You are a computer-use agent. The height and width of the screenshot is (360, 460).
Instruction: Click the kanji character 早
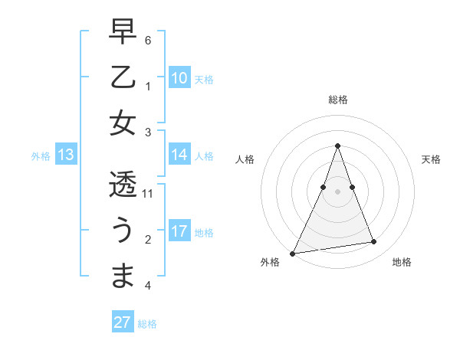(x=123, y=31)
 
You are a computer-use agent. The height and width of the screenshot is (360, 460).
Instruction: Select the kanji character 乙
(x=123, y=77)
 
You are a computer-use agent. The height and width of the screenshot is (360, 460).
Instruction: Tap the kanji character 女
(x=123, y=123)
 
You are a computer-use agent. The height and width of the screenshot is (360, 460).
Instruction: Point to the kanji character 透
(x=123, y=185)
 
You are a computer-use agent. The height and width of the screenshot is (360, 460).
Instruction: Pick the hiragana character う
(x=123, y=231)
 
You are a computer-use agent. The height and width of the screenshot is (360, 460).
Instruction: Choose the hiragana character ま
(x=123, y=277)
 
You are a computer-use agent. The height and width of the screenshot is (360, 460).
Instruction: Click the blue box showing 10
(x=179, y=78)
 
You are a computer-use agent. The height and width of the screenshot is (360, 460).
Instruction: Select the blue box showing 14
(x=179, y=155)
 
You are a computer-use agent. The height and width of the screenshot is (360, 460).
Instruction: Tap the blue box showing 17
(x=179, y=231)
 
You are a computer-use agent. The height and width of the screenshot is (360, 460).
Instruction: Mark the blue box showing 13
(x=66, y=155)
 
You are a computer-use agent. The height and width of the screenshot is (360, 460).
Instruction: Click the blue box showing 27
(x=123, y=322)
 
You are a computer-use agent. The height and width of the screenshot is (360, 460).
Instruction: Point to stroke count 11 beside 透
(x=148, y=194)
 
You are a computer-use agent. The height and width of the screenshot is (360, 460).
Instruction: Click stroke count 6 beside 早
(x=148, y=40)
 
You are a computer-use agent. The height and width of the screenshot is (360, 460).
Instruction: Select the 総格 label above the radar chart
(x=337, y=100)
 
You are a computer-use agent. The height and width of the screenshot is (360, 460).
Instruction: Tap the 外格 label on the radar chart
(x=270, y=263)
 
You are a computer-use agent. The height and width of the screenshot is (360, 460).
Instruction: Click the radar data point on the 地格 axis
(x=374, y=242)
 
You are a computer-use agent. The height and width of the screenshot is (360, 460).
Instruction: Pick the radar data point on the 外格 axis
(x=292, y=254)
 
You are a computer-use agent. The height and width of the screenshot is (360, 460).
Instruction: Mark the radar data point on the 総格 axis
(x=337, y=146)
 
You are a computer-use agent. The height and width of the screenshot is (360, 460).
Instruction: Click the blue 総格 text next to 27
(x=147, y=324)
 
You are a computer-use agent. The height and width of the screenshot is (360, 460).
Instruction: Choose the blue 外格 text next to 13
(x=41, y=156)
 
